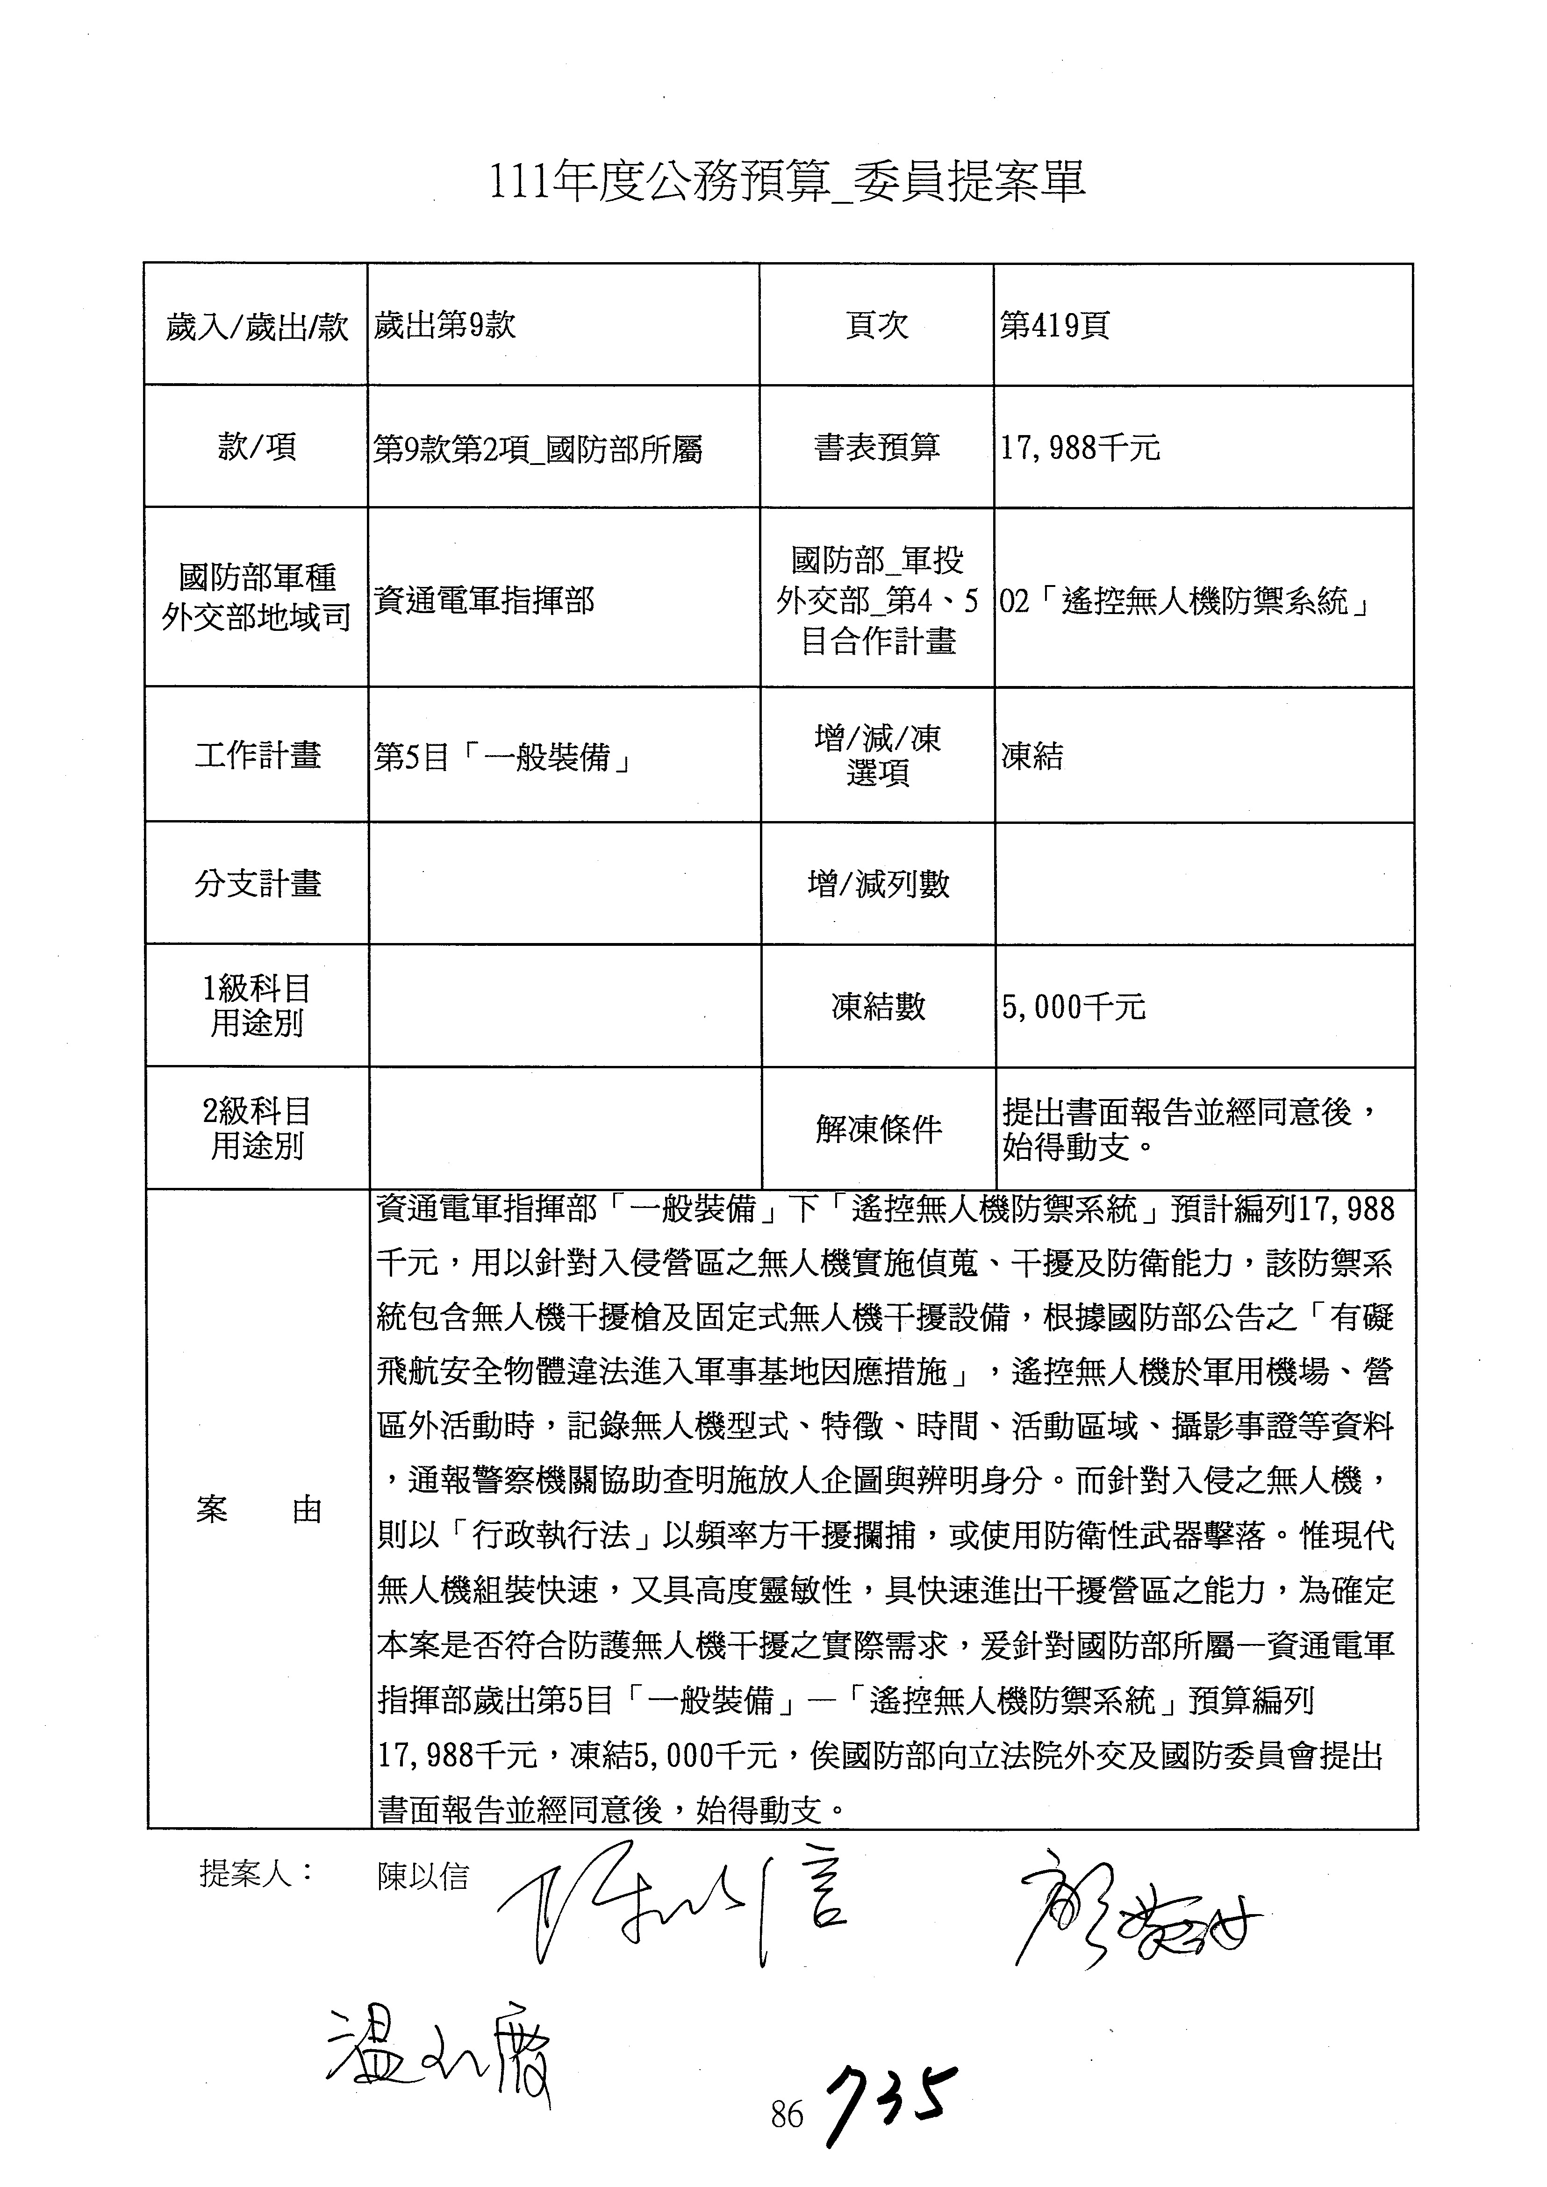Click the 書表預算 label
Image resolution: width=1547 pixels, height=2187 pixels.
[x=876, y=447]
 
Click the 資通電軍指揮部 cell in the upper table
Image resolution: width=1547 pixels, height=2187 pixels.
[x=484, y=600]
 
